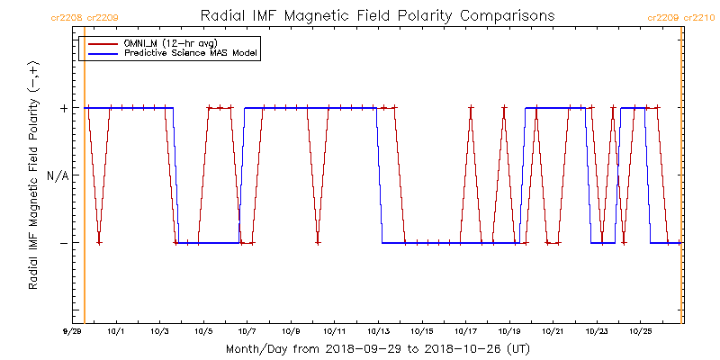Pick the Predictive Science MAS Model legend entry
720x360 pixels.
[x=191, y=53]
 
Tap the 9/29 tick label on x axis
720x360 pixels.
[x=73, y=331]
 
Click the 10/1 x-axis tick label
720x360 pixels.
[x=116, y=331]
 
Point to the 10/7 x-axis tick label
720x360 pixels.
[x=247, y=331]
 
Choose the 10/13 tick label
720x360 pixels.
[x=378, y=331]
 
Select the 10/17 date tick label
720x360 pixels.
[x=465, y=331]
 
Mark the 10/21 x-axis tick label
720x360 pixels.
[x=553, y=331]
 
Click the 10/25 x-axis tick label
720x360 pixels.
[x=640, y=331]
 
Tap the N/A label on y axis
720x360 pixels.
[x=57, y=175]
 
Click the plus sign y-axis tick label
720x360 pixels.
[x=63, y=108]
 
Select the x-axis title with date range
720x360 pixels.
[x=377, y=348]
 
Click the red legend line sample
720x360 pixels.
[x=100, y=43]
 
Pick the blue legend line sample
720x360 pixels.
[x=100, y=53]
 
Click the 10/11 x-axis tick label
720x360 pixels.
[x=334, y=331]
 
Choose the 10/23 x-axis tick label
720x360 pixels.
[x=596, y=331]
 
